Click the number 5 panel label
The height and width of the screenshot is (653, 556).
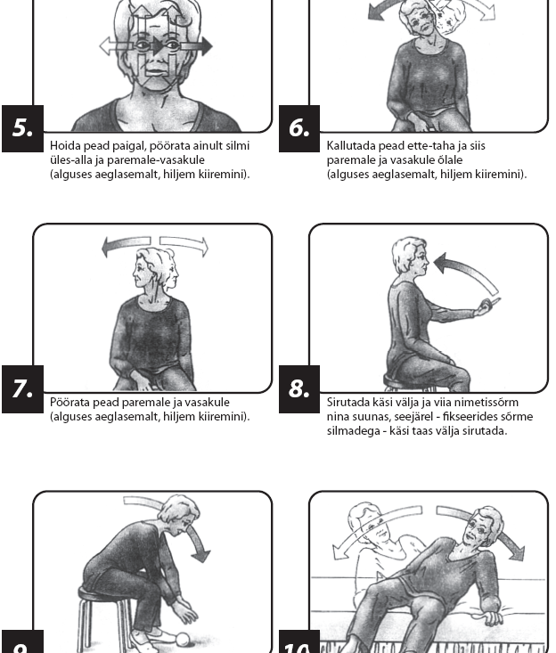point(22,128)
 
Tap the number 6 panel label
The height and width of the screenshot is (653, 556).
point(299,128)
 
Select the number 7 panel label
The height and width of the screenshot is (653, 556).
point(22,389)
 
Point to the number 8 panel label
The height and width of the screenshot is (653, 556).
point(299,389)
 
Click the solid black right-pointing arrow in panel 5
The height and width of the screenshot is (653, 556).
point(197,45)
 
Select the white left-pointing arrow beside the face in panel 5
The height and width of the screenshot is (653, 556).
point(117,45)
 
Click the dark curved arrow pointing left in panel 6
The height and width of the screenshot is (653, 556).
point(385,11)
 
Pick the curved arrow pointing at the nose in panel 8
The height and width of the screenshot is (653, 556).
point(467,266)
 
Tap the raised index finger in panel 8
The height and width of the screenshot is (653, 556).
point(494,301)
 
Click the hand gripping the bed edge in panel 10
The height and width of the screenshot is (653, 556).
point(491,617)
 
